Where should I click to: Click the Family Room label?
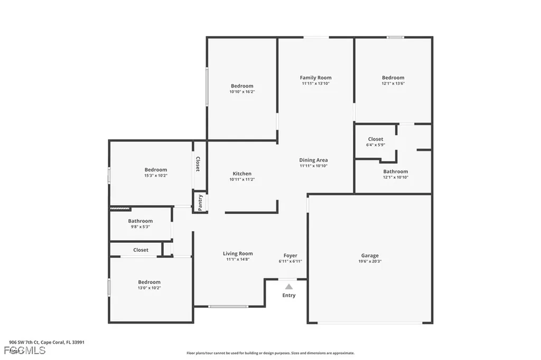coord(316,78)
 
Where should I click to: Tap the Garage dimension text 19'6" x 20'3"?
coord(370,261)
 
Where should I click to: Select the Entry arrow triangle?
coord(288,287)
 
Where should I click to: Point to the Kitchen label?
coord(242,174)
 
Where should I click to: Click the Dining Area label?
coord(314,160)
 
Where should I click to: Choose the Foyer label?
coord(290,255)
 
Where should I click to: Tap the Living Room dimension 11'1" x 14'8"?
coord(238,259)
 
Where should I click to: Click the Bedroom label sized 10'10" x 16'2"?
coord(242,86)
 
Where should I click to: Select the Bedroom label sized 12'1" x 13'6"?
coord(393,78)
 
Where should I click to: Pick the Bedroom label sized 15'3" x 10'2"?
coord(156,170)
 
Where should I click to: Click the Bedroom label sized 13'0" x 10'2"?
coord(149,282)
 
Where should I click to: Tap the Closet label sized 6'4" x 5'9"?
coord(376,139)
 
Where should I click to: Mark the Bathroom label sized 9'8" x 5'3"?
coord(140,221)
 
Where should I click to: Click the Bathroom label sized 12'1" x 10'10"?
coord(395,172)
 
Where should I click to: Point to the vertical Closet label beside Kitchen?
coord(198,164)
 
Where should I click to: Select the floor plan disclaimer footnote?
coord(270,353)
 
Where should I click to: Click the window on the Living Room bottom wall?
coord(228,307)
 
